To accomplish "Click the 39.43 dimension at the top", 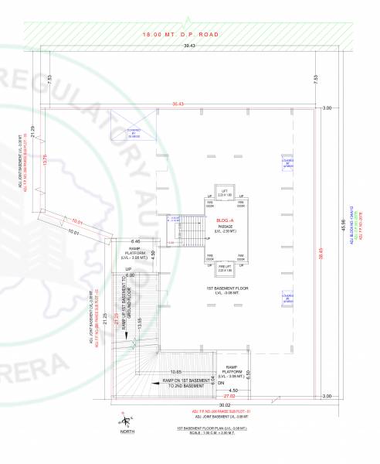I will click(188, 47).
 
